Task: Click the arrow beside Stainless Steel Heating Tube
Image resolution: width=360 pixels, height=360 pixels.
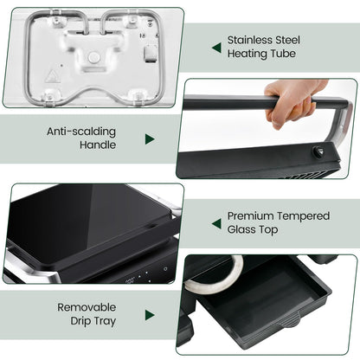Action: click(215, 47)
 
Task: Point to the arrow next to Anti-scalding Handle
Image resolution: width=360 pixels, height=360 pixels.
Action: click(150, 138)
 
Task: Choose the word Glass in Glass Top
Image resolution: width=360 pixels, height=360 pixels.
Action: click(243, 229)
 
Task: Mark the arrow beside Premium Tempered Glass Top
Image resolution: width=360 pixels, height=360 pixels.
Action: click(215, 222)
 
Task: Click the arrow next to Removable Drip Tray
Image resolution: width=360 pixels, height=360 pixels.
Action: click(150, 314)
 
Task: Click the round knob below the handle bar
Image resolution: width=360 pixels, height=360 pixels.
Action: click(316, 152)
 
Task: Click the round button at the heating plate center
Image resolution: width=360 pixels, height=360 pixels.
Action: click(93, 56)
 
